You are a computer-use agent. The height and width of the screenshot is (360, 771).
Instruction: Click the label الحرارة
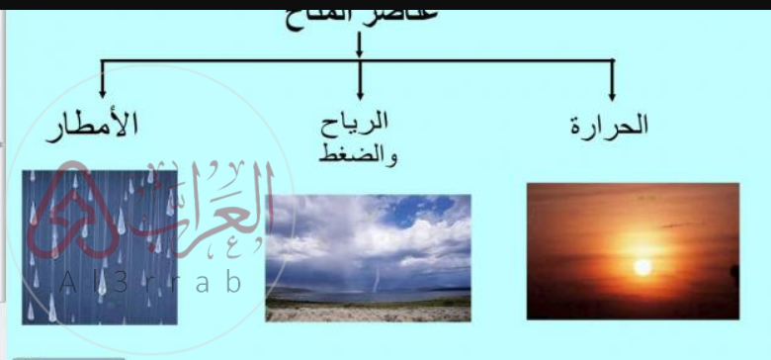(x=610, y=126)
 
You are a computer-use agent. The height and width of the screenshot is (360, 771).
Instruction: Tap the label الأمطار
(x=94, y=126)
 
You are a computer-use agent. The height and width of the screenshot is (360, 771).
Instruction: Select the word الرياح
(x=358, y=123)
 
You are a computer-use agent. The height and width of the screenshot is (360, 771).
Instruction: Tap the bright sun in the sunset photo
(x=642, y=267)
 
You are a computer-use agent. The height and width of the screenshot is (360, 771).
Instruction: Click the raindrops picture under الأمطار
(x=99, y=247)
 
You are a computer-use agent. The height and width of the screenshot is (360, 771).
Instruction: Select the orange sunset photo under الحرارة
(x=633, y=250)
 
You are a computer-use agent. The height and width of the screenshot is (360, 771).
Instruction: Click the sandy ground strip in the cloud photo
(x=368, y=313)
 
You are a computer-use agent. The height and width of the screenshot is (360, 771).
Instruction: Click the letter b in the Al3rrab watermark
(x=232, y=281)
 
